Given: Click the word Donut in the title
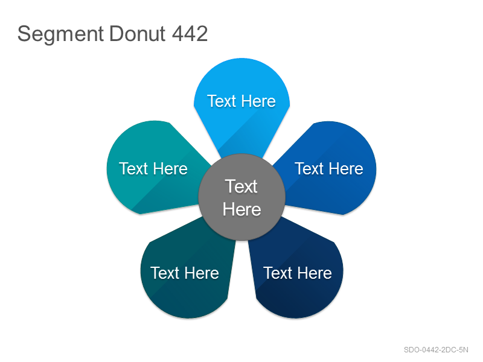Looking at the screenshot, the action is (x=137, y=34).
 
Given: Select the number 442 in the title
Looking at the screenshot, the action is (x=190, y=34).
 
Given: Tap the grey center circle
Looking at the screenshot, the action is (x=242, y=197).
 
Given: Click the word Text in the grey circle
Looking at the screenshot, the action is (x=241, y=186).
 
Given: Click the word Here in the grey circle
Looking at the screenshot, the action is (x=242, y=209).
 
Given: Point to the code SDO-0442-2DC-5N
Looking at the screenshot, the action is (x=436, y=350).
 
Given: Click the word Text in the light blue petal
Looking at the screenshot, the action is (x=222, y=101).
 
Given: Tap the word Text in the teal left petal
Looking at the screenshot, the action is (x=133, y=169).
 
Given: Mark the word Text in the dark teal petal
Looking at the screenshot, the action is (x=165, y=273).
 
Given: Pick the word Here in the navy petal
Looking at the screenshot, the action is (x=315, y=273).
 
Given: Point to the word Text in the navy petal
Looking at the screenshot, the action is (x=278, y=273).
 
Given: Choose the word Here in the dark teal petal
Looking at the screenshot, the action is (x=202, y=273).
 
